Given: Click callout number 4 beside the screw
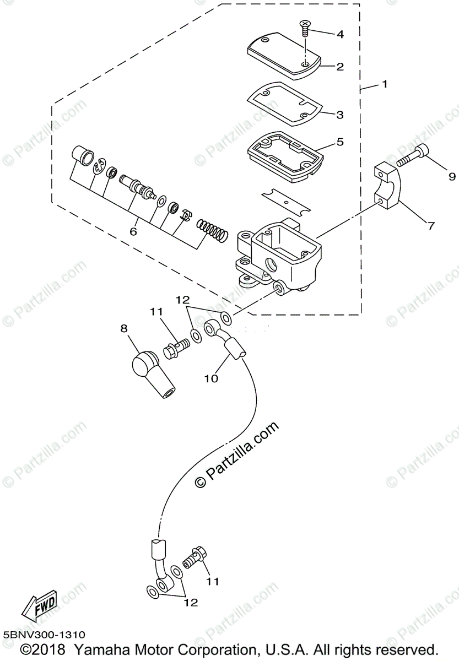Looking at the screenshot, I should [340, 34].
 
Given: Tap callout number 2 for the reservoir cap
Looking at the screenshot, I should [340, 67].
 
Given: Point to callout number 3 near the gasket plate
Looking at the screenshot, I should [340, 115].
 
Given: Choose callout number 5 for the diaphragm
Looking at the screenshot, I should [340, 142].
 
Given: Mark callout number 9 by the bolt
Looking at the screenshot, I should [452, 177].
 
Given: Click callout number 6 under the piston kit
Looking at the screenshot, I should [133, 232].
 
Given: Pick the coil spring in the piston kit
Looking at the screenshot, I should [212, 230].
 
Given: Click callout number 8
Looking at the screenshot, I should [124, 328].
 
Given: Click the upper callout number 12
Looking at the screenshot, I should [183, 300].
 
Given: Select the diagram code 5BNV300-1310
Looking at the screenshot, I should [44, 636].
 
